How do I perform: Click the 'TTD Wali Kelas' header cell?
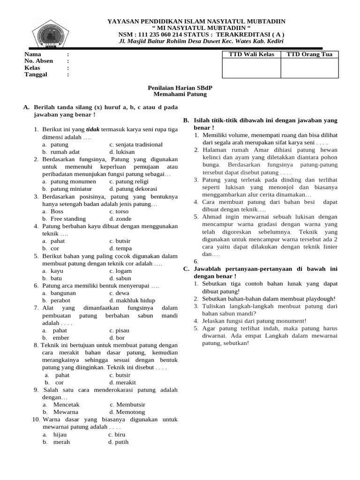[x=251, y=54]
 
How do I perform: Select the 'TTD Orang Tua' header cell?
[x=309, y=54]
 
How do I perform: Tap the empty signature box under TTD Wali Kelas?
[x=251, y=68]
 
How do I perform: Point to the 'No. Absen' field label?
[x=38, y=61]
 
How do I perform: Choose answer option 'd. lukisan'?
[x=122, y=152]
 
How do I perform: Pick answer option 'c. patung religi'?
[x=129, y=181]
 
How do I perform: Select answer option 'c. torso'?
[x=119, y=211]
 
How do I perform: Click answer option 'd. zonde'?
[x=120, y=219]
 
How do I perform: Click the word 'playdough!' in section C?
[x=320, y=299]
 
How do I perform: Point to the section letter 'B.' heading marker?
[x=186, y=120]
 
